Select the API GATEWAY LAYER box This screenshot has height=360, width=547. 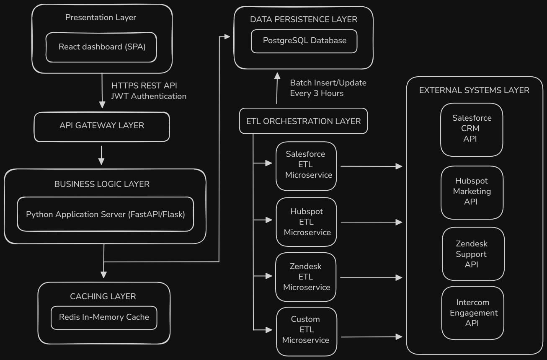[102, 126]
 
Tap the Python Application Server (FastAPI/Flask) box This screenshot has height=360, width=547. [106, 214]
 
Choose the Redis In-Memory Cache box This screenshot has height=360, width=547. [104, 317]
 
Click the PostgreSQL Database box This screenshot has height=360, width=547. [304, 41]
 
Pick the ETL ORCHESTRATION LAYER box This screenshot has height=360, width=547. [303, 121]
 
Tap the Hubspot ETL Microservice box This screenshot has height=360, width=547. [307, 222]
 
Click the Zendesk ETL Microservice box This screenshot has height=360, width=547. [307, 277]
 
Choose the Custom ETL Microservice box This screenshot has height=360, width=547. [306, 329]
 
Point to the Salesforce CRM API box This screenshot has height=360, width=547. [472, 129]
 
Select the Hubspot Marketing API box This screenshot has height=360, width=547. [472, 192]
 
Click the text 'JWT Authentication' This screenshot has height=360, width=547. [149, 96]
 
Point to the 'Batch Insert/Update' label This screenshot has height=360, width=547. [328, 83]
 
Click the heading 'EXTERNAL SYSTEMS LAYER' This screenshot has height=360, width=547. [474, 90]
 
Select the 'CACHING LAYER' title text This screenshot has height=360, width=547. [103, 296]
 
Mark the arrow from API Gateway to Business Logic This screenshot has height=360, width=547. [101, 155]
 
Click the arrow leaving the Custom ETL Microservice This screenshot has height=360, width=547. [371, 337]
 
